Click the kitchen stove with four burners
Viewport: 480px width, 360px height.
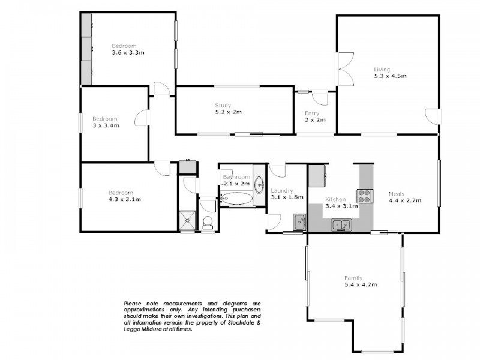point(364,196)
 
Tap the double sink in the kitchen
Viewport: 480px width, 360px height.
point(342,225)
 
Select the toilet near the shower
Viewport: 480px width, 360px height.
point(208,223)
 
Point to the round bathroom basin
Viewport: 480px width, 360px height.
point(259,184)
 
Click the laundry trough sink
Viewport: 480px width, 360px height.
point(299,221)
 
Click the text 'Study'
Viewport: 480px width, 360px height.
point(223,106)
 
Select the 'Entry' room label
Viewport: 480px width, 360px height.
point(312,113)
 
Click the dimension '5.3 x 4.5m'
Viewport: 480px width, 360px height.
point(390,76)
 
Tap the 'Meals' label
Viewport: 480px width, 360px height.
point(396,194)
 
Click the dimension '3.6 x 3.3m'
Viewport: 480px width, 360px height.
point(128,53)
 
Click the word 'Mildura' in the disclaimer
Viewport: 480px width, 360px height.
point(148,329)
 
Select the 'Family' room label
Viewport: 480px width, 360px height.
point(353,278)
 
